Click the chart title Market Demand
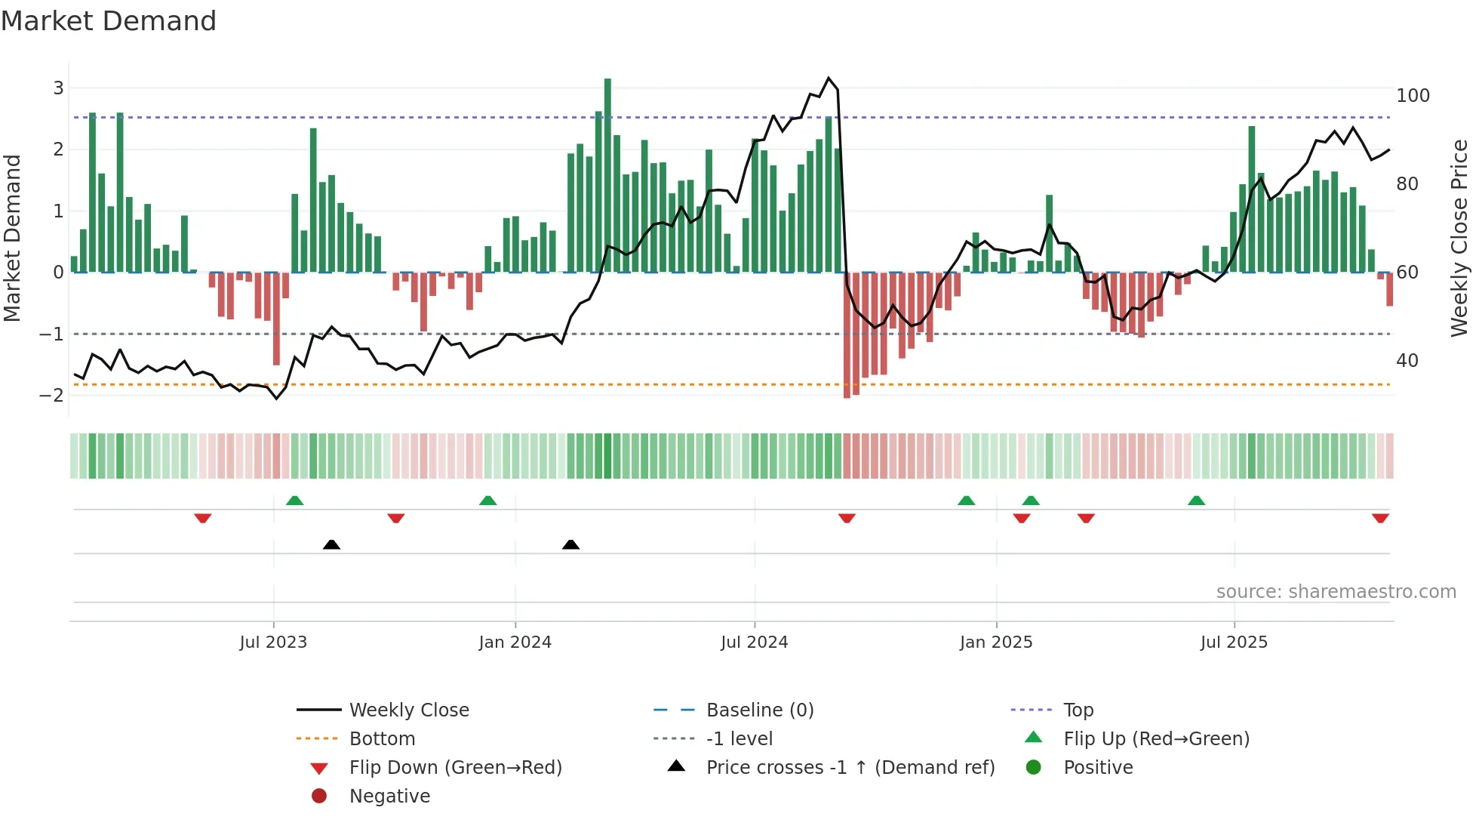[x=109, y=21]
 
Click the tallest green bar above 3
[x=607, y=174]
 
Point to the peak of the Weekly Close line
[x=829, y=78]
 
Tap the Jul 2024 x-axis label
[x=754, y=642]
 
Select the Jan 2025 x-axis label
[x=995, y=642]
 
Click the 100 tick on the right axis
[x=1413, y=96]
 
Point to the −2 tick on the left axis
[x=51, y=395]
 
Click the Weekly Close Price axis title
[x=1459, y=238]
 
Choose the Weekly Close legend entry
[x=408, y=710]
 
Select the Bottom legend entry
[x=382, y=738]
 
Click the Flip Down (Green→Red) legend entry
[x=455, y=767]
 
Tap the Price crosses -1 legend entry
[x=850, y=767]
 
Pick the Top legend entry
[x=1078, y=710]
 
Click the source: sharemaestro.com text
[x=1336, y=591]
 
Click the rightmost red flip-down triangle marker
[x=1380, y=518]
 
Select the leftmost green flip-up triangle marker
[x=295, y=501]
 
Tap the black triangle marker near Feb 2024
[x=570, y=544]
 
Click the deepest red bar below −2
[x=847, y=336]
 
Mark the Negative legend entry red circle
[x=319, y=796]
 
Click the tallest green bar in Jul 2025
[x=1252, y=200]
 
